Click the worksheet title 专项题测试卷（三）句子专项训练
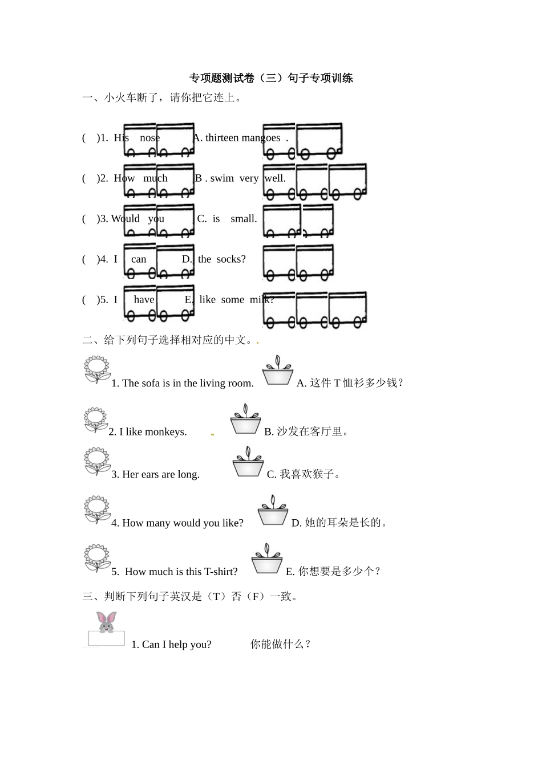(x=271, y=79)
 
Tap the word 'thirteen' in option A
(x=223, y=138)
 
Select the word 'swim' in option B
(x=222, y=178)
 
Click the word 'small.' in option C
(x=244, y=219)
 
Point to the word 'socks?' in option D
(x=231, y=259)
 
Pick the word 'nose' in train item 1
(x=149, y=138)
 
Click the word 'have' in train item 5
(x=144, y=300)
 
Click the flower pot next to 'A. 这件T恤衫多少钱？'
(x=278, y=371)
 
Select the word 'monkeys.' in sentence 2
(x=165, y=432)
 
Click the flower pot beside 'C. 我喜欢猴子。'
(x=248, y=462)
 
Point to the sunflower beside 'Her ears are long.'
(x=97, y=461)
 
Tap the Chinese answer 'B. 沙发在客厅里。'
(x=306, y=432)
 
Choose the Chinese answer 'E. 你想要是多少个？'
(x=334, y=572)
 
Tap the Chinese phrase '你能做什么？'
(x=281, y=645)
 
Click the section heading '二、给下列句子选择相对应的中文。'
(x=169, y=341)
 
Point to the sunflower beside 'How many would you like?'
(x=97, y=510)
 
